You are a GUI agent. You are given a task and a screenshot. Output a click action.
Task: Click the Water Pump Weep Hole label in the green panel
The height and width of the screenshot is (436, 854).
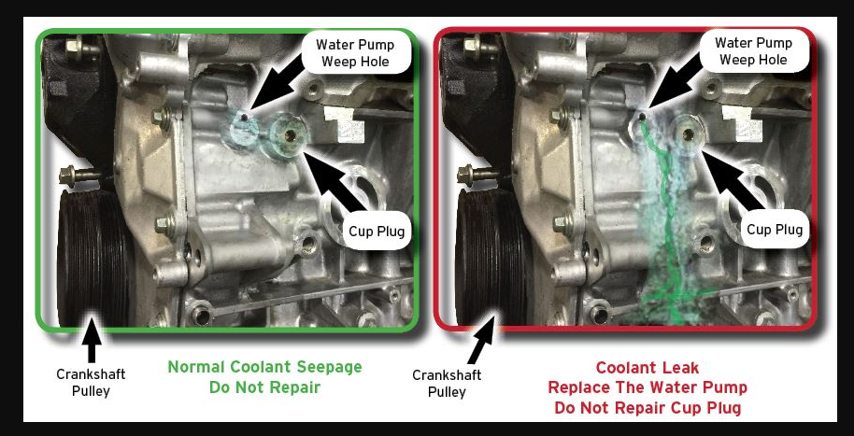click(355, 52)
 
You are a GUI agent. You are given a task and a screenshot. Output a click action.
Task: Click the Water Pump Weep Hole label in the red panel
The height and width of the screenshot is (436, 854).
click(753, 51)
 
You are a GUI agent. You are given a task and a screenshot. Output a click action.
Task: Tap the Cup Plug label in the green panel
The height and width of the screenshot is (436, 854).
click(377, 232)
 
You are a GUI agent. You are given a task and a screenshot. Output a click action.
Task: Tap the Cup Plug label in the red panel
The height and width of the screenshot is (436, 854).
click(775, 229)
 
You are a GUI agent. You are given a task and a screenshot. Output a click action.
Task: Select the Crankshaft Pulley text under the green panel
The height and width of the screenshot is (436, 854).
click(91, 383)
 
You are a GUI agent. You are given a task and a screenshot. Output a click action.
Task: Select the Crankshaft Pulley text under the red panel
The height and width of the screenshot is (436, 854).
click(447, 383)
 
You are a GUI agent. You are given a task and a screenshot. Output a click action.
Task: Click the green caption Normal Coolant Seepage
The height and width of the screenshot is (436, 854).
click(264, 367)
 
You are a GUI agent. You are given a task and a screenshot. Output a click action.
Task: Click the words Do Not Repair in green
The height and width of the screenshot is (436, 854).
click(264, 387)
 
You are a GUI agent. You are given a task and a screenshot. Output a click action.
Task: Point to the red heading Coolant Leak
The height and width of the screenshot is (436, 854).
click(648, 368)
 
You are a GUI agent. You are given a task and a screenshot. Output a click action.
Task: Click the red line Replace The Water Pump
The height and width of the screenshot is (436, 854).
click(648, 388)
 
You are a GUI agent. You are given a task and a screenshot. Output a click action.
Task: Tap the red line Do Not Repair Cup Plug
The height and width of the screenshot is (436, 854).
click(648, 408)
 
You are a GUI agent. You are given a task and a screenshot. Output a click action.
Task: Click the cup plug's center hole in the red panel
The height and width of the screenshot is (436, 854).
click(689, 134)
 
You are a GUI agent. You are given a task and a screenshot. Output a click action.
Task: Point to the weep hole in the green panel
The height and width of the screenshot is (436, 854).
click(246, 117)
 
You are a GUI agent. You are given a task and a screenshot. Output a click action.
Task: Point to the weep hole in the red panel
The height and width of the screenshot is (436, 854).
click(643, 116)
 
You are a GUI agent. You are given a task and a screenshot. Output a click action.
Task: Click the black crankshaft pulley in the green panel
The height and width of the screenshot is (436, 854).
click(93, 257)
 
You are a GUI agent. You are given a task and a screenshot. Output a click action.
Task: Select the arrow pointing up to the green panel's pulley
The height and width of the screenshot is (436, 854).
click(91, 341)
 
